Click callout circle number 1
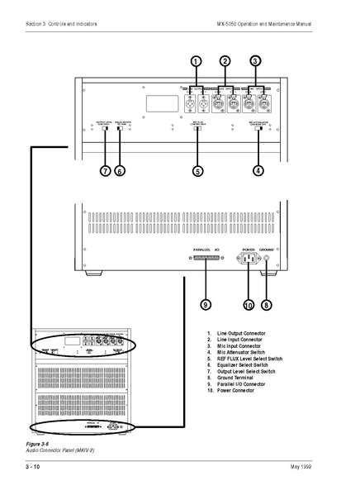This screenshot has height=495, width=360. pos(196,61)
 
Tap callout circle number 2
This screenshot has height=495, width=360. pos(225,61)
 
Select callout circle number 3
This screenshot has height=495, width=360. pos(255,61)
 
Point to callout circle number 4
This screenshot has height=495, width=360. pos(258,171)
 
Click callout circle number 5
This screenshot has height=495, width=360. pos(197,171)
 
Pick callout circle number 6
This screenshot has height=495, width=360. pos(120,171)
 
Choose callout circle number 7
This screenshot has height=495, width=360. pos(105,171)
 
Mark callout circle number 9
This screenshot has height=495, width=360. pos(206,304)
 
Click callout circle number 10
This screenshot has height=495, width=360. pos(249,304)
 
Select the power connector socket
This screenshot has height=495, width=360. pos(249,259)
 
